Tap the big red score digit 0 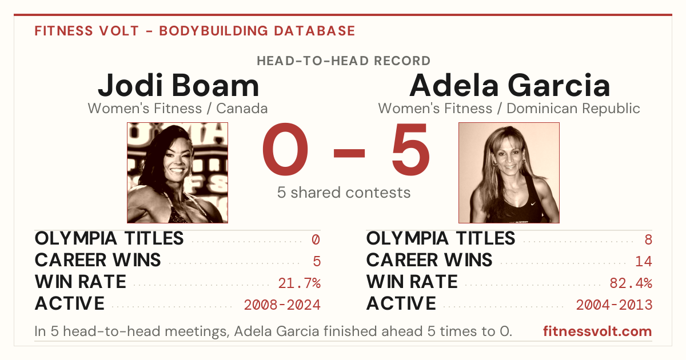tap(285, 149)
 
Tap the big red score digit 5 tap(410, 149)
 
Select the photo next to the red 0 tap(177, 173)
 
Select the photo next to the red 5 tap(509, 173)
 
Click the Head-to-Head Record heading tap(344, 61)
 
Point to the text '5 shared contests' tap(344, 193)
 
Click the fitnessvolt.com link tap(597, 331)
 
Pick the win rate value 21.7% tap(299, 283)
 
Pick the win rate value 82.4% tap(631, 283)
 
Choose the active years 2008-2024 tap(282, 305)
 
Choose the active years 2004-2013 tap(614, 305)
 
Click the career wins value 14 tap(644, 261)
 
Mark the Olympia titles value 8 tap(648, 239)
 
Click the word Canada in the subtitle tap(242, 109)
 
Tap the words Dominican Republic tap(573, 109)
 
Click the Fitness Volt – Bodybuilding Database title tap(195, 31)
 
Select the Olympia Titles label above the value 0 tap(109, 238)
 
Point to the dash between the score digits tap(349, 153)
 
